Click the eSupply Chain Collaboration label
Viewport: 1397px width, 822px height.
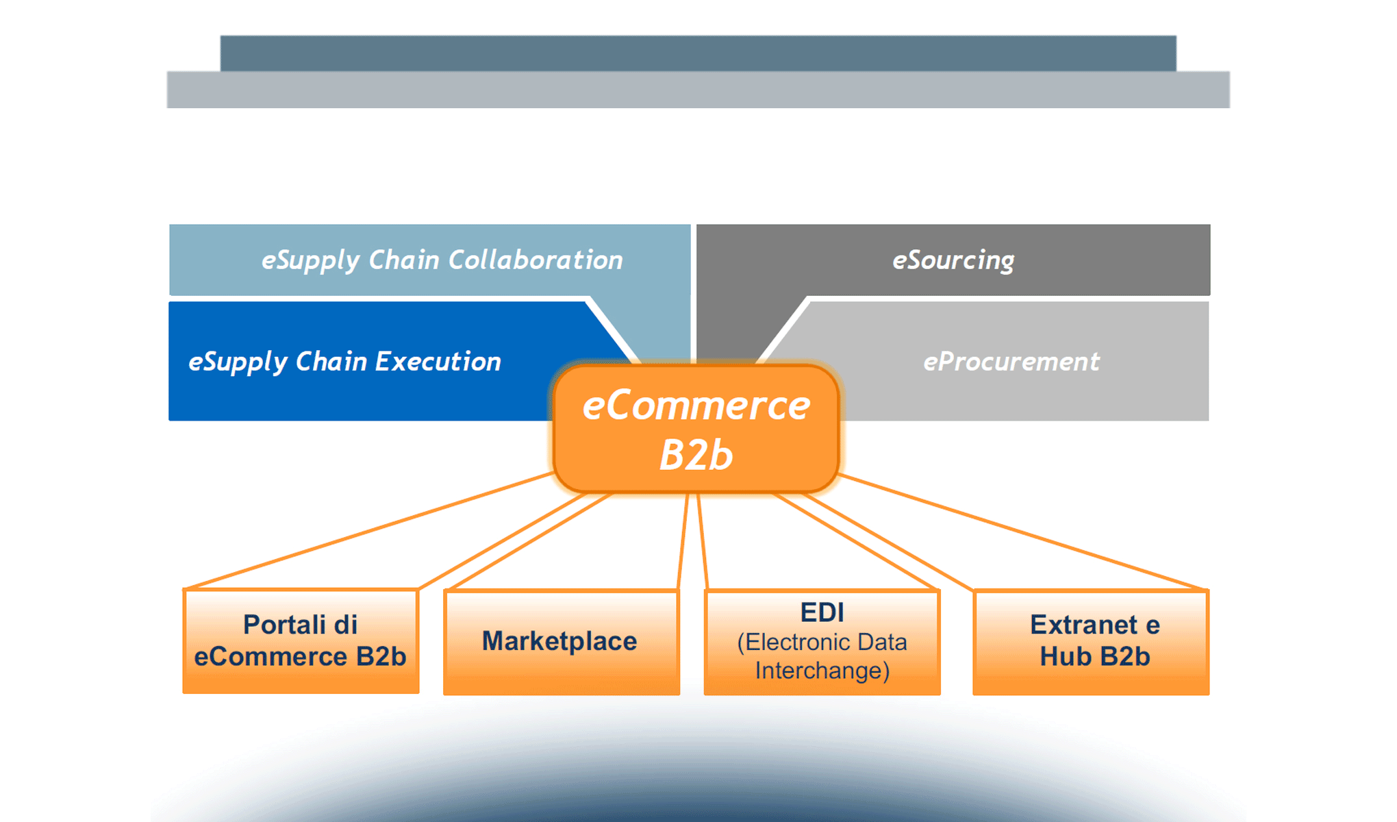tap(442, 260)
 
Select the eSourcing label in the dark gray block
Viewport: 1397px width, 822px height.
tap(953, 260)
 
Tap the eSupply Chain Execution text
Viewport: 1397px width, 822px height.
tap(344, 362)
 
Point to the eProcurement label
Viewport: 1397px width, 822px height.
tap(1011, 362)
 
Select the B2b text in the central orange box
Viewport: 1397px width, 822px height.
tap(696, 455)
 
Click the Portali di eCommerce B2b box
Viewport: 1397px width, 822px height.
tap(301, 641)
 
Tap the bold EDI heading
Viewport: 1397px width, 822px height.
tap(822, 612)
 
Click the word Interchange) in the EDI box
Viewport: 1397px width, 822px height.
tap(822, 670)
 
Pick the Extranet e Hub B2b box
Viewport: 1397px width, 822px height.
tap(1094, 641)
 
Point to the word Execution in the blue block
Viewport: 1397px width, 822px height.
tap(438, 362)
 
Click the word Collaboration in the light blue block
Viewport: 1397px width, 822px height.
tap(535, 260)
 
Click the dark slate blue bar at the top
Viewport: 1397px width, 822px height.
tap(698, 53)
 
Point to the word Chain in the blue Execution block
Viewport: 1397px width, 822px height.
tap(331, 362)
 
